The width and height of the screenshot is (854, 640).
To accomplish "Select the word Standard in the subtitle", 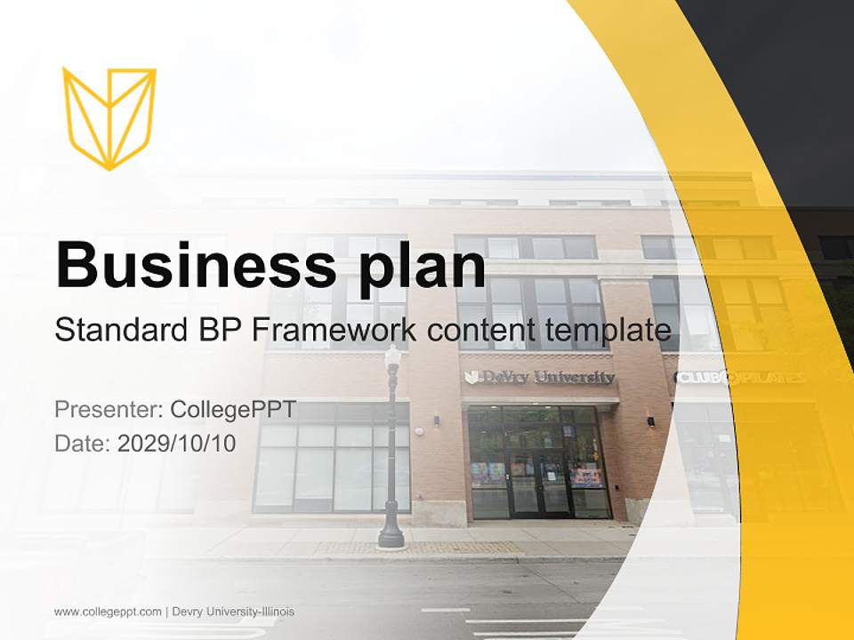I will [115, 331].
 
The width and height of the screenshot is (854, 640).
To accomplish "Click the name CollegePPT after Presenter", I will [233, 410].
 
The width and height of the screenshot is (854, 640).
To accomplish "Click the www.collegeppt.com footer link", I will [108, 612].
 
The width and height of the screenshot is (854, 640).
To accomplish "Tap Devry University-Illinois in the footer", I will [233, 612].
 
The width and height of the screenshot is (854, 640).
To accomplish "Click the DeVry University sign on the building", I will [539, 378].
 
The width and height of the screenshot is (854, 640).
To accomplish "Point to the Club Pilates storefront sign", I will [741, 378].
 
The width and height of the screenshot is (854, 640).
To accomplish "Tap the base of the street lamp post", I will [391, 536].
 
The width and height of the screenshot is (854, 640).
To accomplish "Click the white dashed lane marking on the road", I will [445, 610].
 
